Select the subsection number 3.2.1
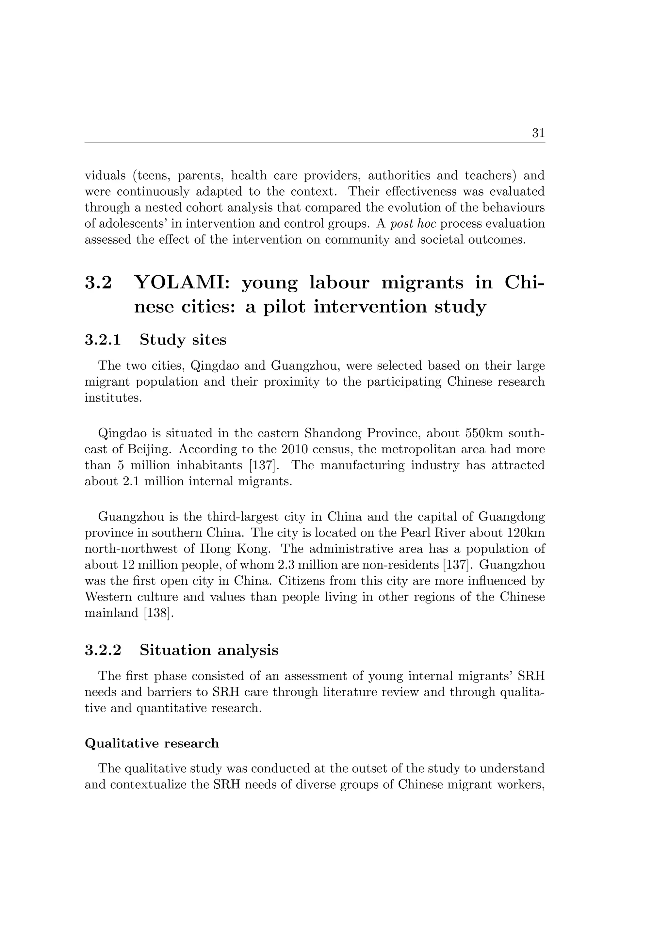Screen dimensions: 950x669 pos(103,340)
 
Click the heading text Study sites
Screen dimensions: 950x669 pos(183,340)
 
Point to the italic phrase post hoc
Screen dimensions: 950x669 pos(413,224)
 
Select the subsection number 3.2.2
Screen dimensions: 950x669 pos(103,650)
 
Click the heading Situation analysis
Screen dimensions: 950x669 pos(209,650)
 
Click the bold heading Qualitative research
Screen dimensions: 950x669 pos(152,744)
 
